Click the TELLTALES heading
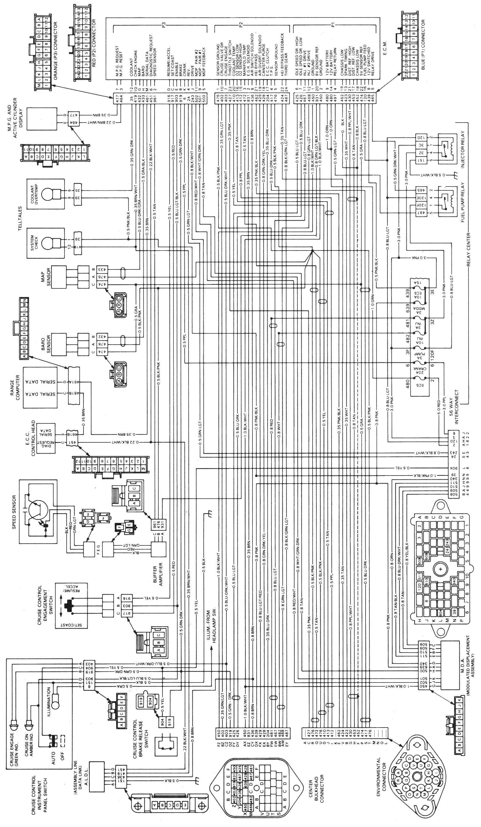[20, 218]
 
